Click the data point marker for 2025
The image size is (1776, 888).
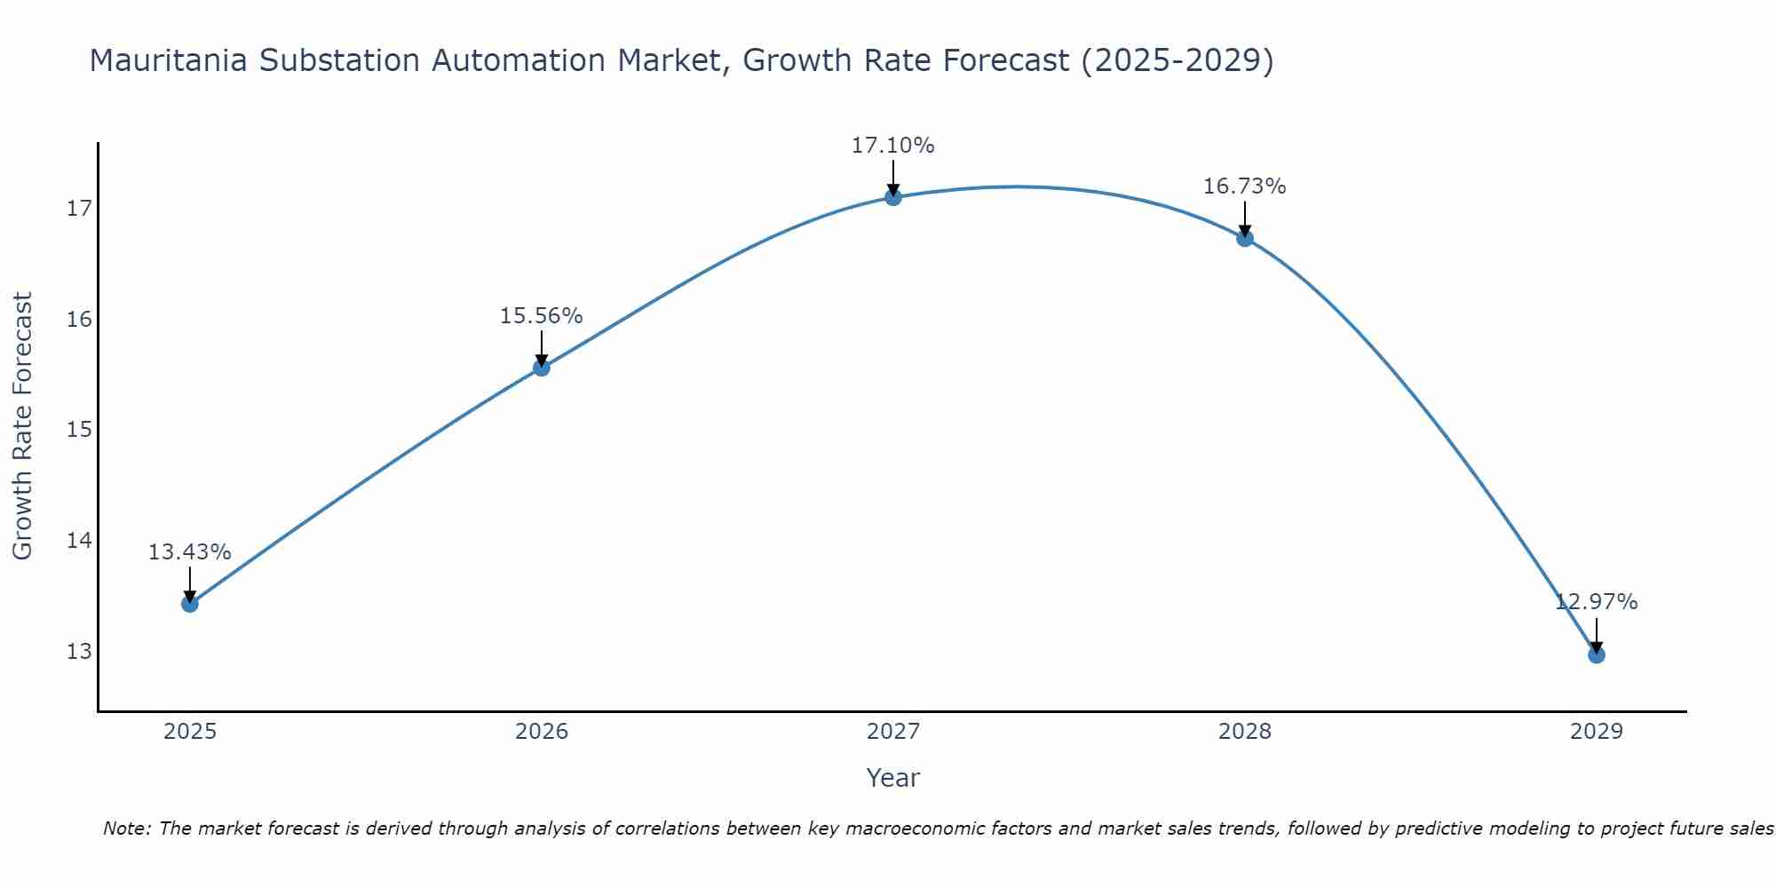click(190, 604)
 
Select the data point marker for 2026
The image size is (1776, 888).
click(542, 368)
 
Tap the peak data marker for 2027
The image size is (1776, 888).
click(893, 197)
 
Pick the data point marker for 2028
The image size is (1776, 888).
click(1245, 238)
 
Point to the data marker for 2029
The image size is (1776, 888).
click(1596, 655)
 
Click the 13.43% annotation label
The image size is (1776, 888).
click(189, 552)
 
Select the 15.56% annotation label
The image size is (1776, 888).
click(541, 316)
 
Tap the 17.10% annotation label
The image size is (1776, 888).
click(892, 146)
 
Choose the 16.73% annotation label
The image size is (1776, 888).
click(1244, 186)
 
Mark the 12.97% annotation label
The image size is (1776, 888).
click(1596, 602)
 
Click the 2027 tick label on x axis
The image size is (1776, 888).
click(893, 733)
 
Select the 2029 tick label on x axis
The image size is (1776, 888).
click(1596, 733)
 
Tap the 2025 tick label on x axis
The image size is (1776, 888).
click(190, 733)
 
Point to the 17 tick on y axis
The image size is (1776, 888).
click(79, 210)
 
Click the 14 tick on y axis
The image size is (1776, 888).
click(79, 541)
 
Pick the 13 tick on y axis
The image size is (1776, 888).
click(79, 652)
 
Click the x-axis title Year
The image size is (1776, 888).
click(892, 778)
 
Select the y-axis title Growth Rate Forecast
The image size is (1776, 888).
click(23, 426)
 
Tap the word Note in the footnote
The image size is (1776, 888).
click(126, 829)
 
